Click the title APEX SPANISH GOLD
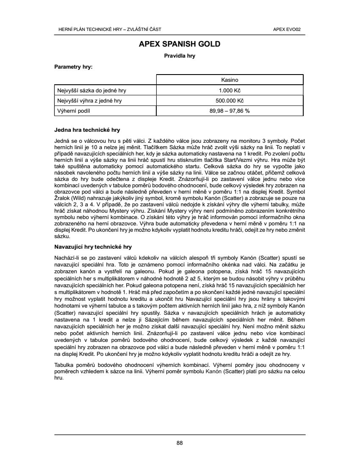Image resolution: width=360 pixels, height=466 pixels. pos(180,44)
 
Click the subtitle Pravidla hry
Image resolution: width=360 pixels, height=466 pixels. pos(180,55)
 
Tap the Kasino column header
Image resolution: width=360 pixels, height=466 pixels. pos(230,80)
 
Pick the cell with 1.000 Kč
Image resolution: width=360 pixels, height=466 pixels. pos(230,90)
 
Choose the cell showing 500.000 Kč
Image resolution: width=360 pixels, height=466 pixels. pos(230,101)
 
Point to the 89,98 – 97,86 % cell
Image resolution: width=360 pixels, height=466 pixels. pos(230,111)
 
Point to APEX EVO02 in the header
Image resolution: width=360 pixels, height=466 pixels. pos(290,29)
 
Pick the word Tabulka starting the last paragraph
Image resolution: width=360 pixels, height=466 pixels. pos(64,365)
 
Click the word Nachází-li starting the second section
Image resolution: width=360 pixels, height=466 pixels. pos(66,258)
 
